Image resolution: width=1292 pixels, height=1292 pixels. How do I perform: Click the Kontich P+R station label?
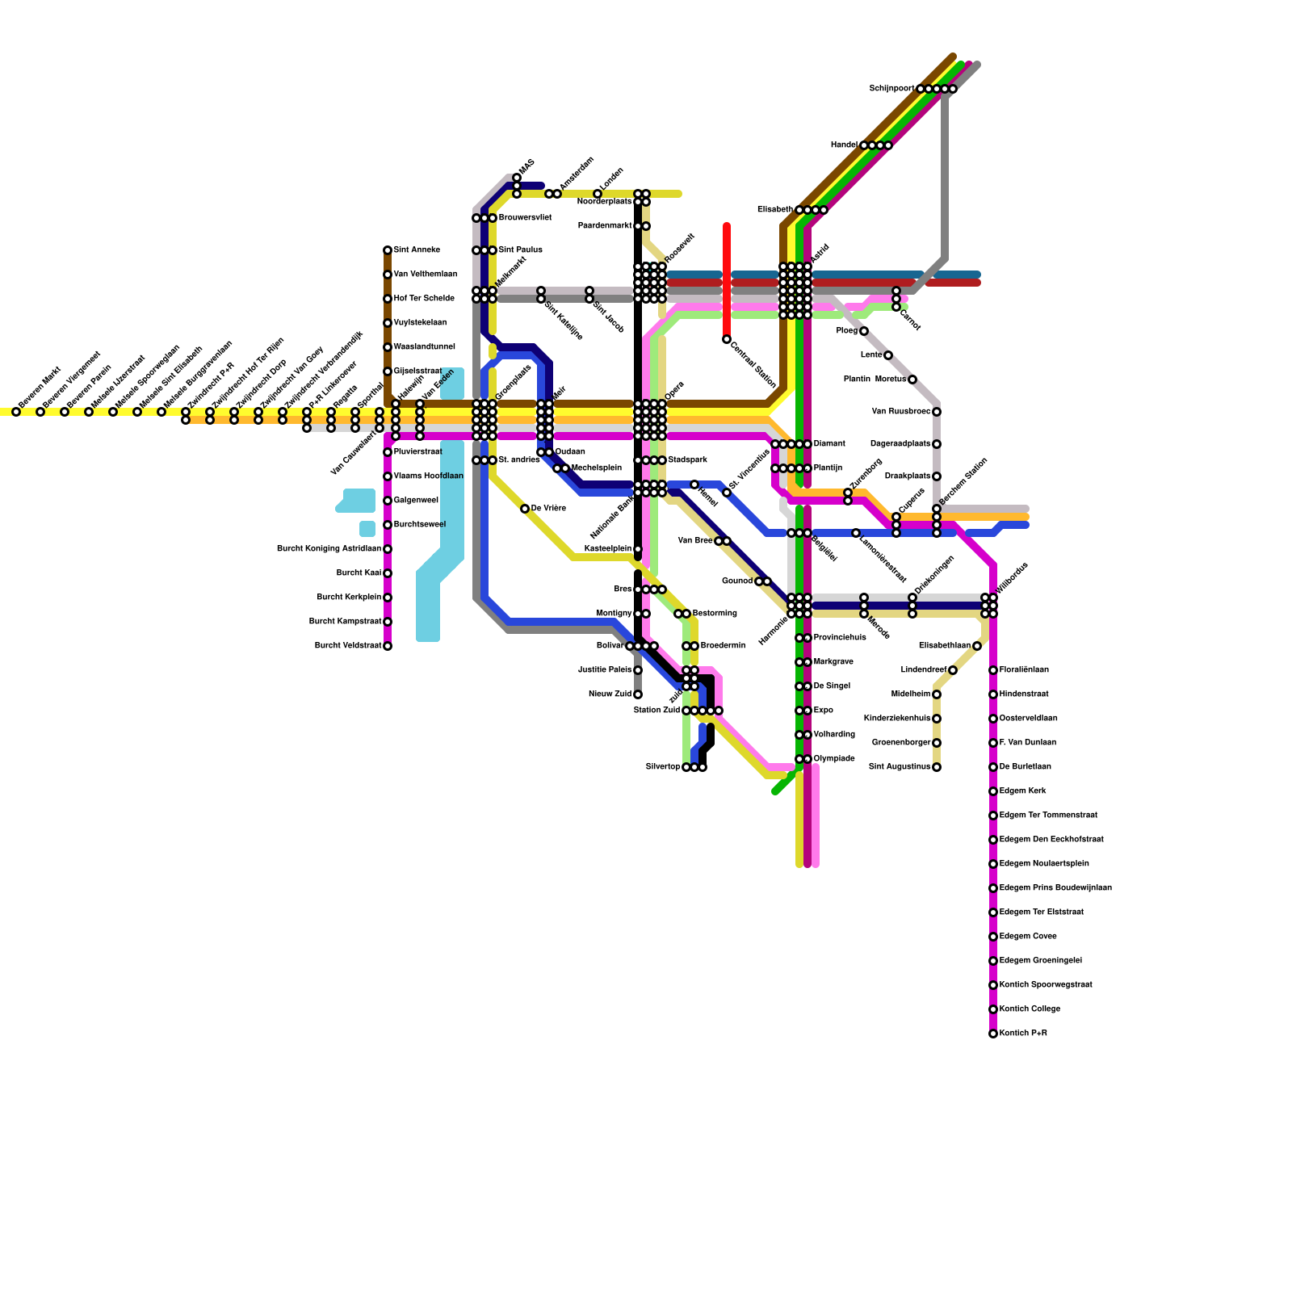[1023, 1034]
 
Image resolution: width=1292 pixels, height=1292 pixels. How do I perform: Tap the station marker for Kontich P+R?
[993, 1034]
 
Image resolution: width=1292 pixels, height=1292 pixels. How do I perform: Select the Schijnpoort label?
[891, 88]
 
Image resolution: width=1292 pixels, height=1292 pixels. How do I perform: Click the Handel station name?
[844, 145]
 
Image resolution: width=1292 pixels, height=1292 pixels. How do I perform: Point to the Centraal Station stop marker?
[727, 339]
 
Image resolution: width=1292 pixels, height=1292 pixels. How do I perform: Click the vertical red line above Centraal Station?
[727, 275]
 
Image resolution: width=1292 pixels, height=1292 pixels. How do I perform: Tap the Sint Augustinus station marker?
[937, 767]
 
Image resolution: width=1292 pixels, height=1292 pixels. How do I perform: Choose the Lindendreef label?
[923, 670]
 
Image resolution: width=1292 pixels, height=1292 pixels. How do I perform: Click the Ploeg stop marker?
[864, 331]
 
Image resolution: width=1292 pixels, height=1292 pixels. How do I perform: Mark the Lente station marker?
[888, 355]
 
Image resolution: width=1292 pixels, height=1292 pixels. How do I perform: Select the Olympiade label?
[834, 759]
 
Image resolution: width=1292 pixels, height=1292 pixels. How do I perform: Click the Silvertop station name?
[662, 767]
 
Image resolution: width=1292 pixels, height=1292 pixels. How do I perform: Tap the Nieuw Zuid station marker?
[638, 694]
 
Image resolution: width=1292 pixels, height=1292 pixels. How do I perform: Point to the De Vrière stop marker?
[525, 509]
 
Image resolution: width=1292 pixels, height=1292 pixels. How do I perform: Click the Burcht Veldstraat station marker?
[388, 646]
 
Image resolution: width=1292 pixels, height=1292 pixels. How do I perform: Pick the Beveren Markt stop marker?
[16, 412]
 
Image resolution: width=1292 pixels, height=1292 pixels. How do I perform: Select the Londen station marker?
[598, 194]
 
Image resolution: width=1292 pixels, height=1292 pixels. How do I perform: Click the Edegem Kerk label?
[1022, 791]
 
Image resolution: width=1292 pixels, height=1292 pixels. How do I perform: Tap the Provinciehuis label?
[840, 638]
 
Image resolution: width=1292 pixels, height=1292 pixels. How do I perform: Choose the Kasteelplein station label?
[607, 549]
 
